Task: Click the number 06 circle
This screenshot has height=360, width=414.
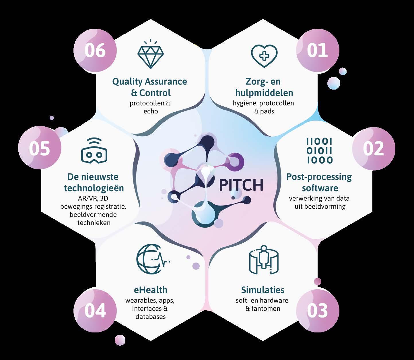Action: coord(95,51)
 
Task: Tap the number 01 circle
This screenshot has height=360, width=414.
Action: coord(318,51)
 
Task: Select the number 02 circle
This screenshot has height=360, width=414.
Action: coord(373,149)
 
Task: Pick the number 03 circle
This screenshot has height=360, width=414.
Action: coord(318,311)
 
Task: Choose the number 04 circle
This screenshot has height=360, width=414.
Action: coord(95,311)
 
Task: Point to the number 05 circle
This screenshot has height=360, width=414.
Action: coord(40,149)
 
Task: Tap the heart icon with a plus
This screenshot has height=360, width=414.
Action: coord(264,55)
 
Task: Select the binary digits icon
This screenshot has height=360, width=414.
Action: coord(319,150)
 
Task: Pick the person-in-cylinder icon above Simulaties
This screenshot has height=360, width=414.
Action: coord(263,260)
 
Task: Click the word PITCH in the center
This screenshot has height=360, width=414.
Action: coord(241,185)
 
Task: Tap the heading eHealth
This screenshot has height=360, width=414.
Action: coord(150,290)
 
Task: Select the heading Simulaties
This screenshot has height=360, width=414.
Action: coord(263,290)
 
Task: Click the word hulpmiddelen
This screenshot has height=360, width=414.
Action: coord(264,93)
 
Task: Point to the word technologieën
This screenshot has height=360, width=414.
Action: coord(94,188)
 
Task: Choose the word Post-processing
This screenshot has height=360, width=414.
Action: coord(319,177)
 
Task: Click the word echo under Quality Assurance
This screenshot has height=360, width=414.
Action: coord(151,111)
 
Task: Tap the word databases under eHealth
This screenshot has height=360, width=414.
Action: coord(150,317)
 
